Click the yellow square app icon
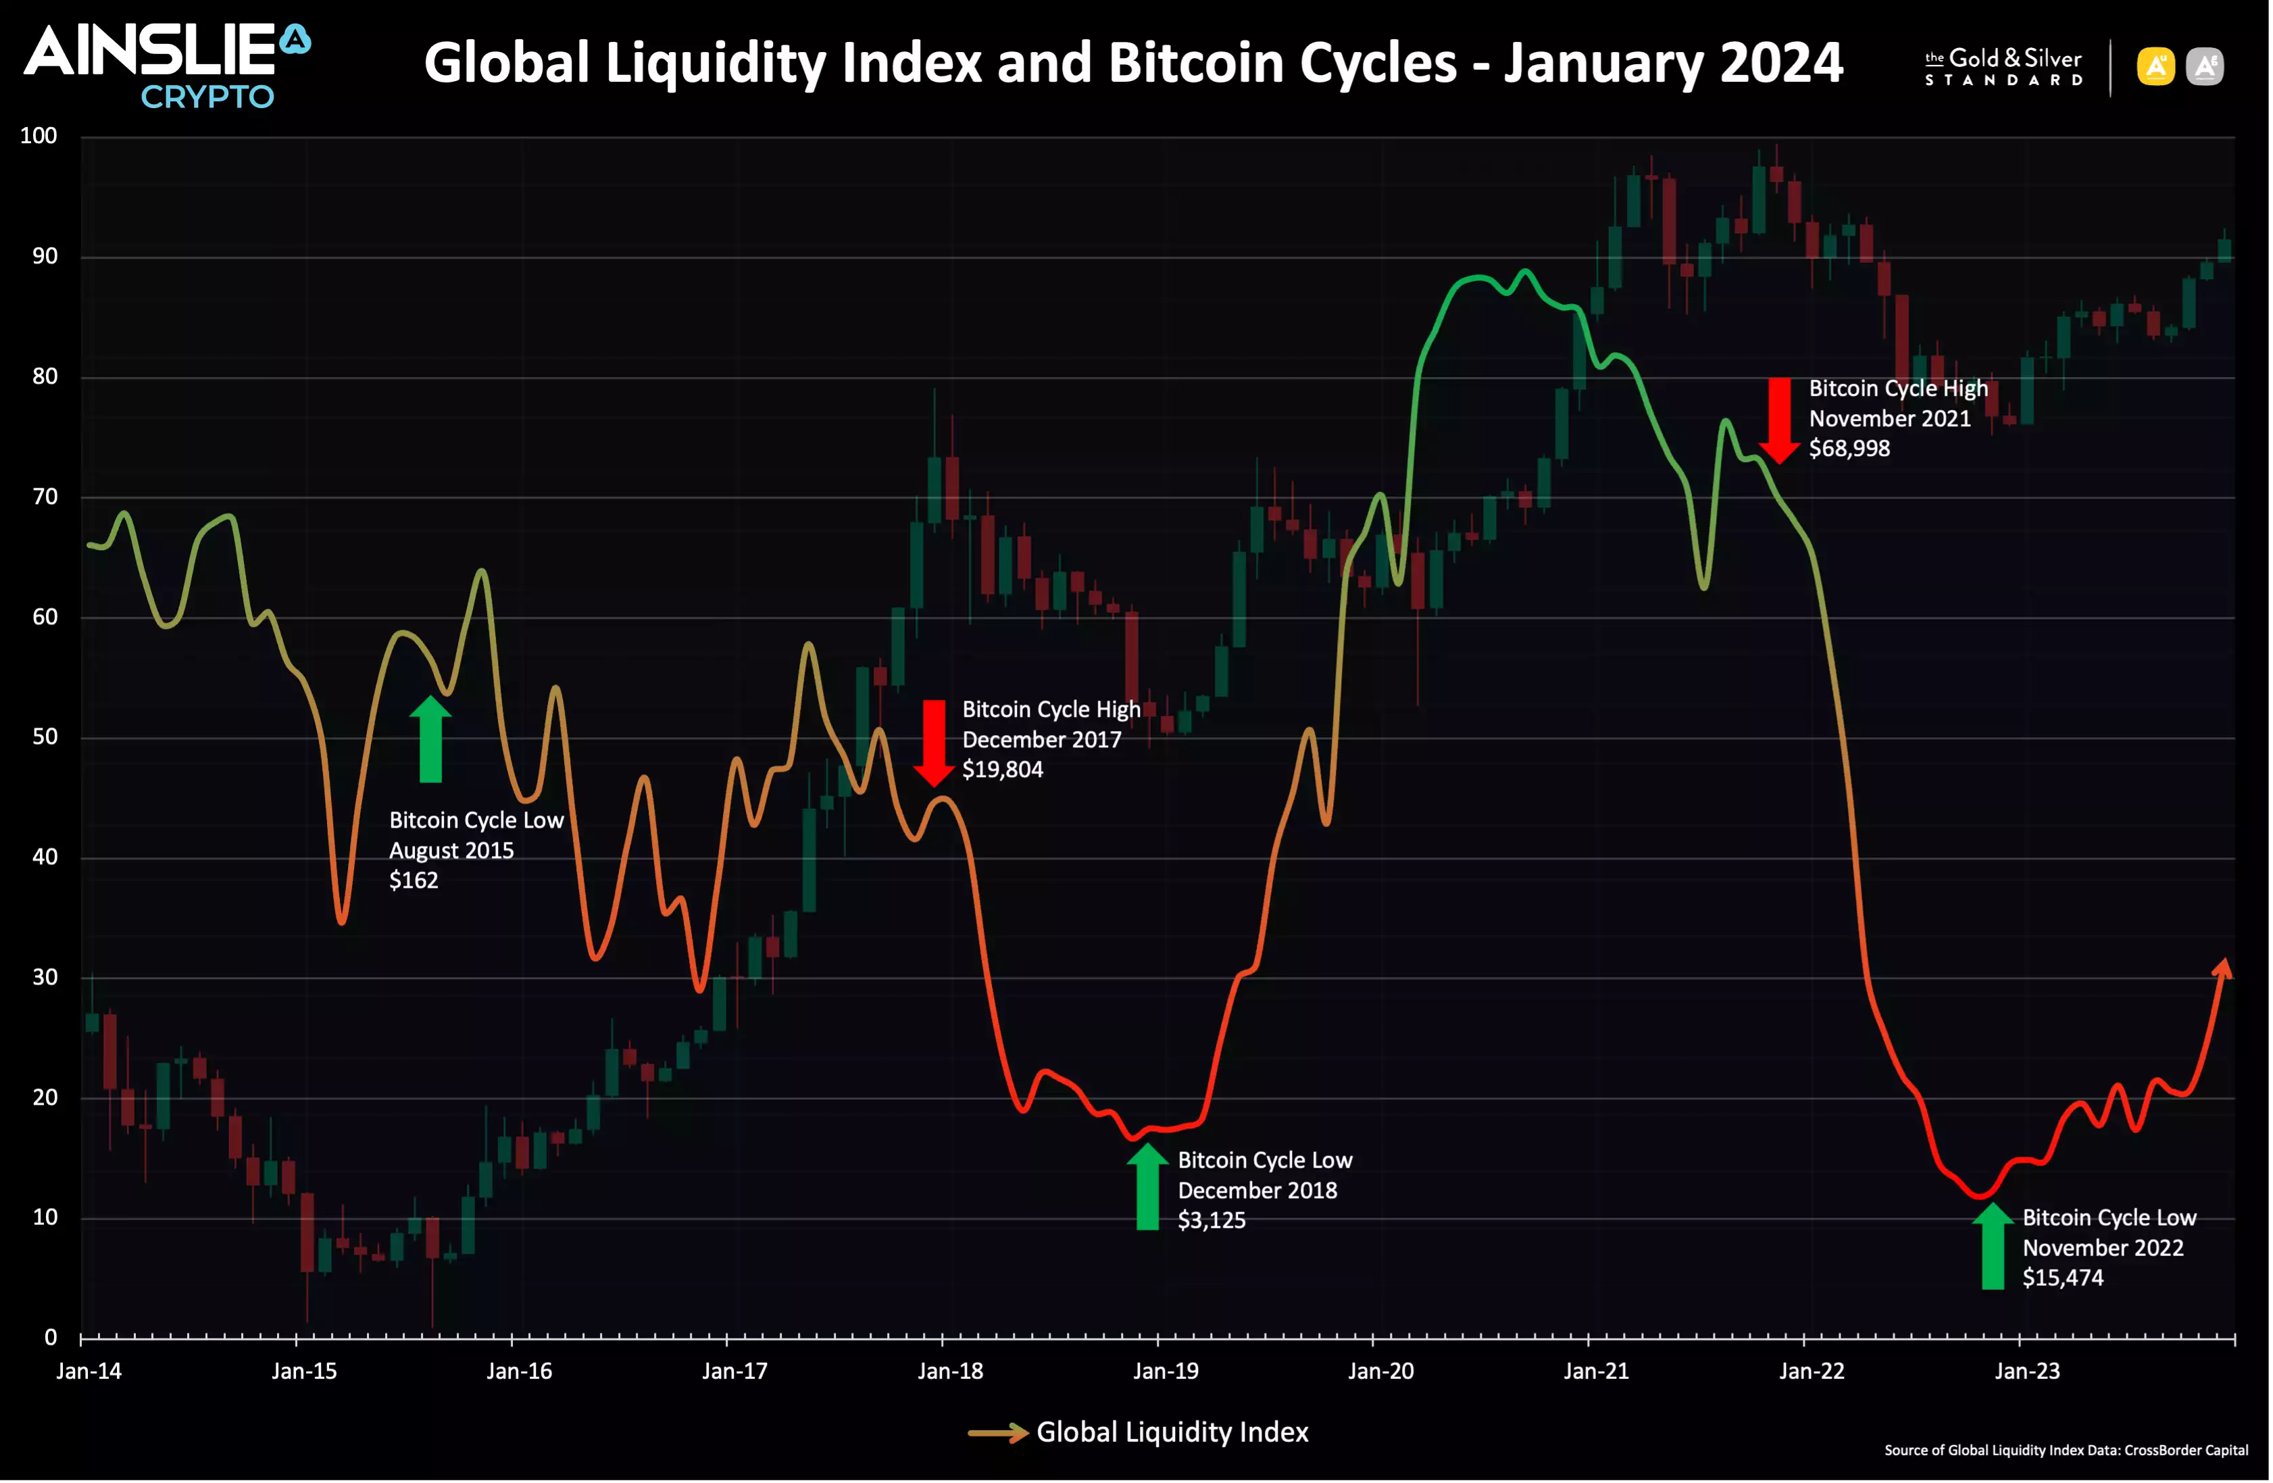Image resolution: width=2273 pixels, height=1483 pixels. point(2155,67)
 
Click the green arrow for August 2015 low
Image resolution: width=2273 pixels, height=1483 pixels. point(430,739)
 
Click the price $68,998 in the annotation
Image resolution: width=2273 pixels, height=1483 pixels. point(1848,449)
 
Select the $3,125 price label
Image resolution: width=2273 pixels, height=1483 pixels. point(1211,1220)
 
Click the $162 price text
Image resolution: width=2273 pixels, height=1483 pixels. point(413,880)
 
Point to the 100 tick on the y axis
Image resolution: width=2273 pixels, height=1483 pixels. point(39,136)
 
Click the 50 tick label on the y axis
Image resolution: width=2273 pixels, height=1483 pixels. point(45,737)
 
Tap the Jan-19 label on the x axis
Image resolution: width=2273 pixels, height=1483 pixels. point(1165,1372)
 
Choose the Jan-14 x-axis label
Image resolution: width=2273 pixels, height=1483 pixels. point(89,1372)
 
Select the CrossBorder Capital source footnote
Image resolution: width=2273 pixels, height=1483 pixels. point(2065,1451)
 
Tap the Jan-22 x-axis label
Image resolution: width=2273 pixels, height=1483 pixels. point(1811,1372)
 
